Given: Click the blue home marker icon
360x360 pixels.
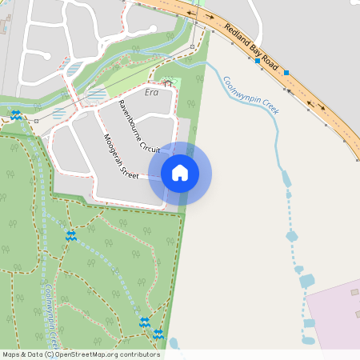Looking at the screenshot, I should point(180,173).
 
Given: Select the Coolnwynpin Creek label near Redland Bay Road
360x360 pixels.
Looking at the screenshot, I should point(250,94).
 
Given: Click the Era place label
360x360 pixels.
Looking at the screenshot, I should point(152,93).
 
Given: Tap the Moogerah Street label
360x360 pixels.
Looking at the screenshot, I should point(121,155).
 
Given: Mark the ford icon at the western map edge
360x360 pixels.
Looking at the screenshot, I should point(15,114).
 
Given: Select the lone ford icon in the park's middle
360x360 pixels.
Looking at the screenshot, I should point(70,235).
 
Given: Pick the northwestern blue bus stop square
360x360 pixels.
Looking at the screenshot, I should point(257,50).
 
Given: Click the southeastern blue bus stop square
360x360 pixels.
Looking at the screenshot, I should point(286,73).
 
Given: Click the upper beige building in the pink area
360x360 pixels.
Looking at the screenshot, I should point(354,293).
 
